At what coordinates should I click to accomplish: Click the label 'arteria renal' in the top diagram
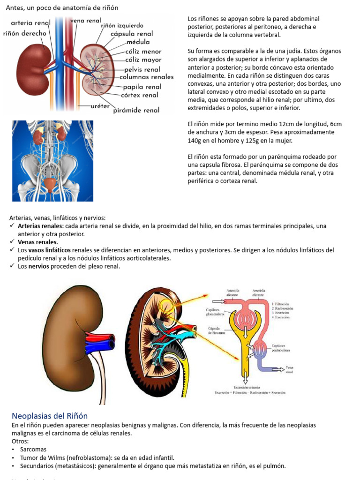pyautogui.click(x=30, y=23)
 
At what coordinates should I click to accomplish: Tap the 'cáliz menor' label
pyautogui.click(x=143, y=52)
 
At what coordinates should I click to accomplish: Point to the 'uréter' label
pyautogui.click(x=100, y=106)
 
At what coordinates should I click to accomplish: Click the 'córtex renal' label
pyautogui.click(x=140, y=95)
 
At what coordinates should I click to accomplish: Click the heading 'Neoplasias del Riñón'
pyautogui.click(x=50, y=416)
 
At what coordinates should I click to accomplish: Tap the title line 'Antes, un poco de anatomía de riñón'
pyautogui.click(x=62, y=8)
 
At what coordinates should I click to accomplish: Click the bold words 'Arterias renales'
pyautogui.click(x=39, y=226)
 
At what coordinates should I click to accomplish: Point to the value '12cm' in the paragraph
pyautogui.click(x=286, y=124)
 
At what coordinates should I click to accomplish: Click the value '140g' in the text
pyautogui.click(x=194, y=141)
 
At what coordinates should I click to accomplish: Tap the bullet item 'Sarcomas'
pyautogui.click(x=33, y=449)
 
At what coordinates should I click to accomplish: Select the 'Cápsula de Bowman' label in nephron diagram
pyautogui.click(x=217, y=331)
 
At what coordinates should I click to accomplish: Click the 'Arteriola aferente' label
pyautogui.click(x=233, y=293)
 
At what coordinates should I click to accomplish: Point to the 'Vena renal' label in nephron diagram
pyautogui.click(x=289, y=370)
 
